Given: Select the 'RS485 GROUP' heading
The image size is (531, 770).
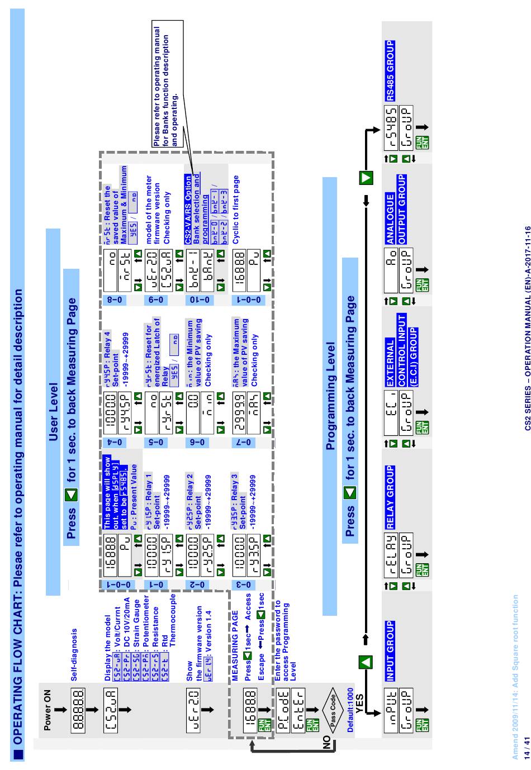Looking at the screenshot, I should point(390,70).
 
